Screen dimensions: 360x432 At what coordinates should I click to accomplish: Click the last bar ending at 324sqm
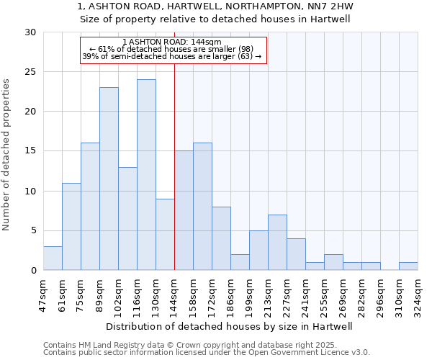[x=408, y=266]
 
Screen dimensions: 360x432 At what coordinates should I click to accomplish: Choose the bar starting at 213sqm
[x=277, y=242]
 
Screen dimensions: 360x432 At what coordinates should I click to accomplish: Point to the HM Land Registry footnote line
[x=206, y=345]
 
